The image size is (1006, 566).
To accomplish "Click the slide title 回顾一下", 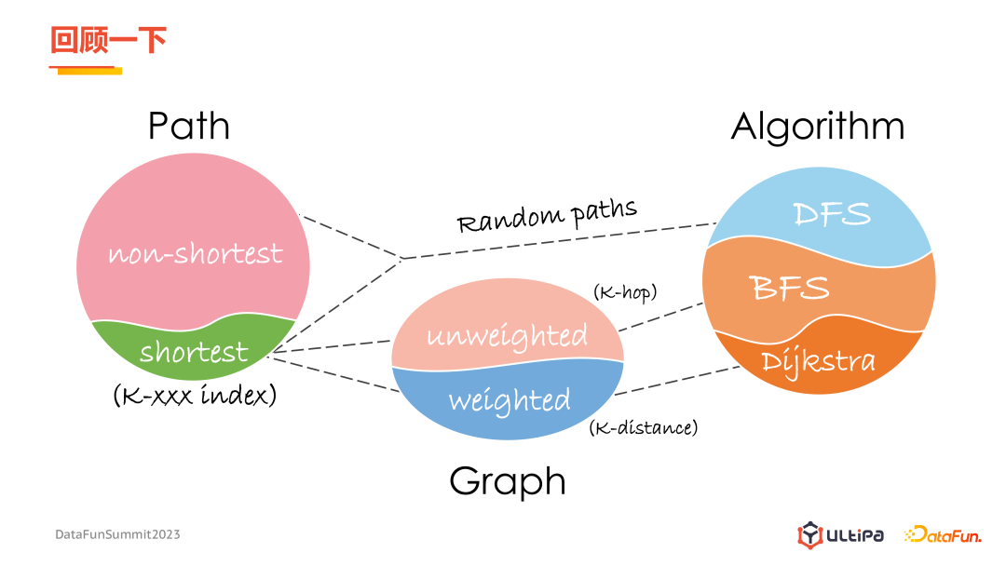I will [x=108, y=41].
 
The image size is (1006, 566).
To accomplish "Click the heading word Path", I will [x=189, y=127].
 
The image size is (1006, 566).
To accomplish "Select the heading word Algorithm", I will [x=817, y=127].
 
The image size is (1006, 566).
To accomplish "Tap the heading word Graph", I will [x=508, y=481].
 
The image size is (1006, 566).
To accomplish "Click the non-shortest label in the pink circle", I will [x=195, y=253].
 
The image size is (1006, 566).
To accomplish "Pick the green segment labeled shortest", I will [x=195, y=352].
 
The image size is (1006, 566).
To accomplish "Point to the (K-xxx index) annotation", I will [x=195, y=396].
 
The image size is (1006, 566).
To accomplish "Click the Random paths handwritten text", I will [x=547, y=216].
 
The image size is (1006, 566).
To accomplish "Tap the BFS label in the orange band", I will [x=790, y=288].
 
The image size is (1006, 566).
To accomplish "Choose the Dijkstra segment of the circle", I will [x=818, y=361].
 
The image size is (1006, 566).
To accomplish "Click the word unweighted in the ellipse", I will [x=507, y=335].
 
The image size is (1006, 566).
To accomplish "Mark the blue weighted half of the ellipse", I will [x=509, y=401].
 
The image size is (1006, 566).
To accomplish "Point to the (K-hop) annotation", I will [x=625, y=292].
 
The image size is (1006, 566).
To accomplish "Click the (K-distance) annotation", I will [x=643, y=427].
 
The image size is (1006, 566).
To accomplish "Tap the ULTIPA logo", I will [x=841, y=535].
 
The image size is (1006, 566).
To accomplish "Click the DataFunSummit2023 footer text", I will [x=117, y=534].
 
